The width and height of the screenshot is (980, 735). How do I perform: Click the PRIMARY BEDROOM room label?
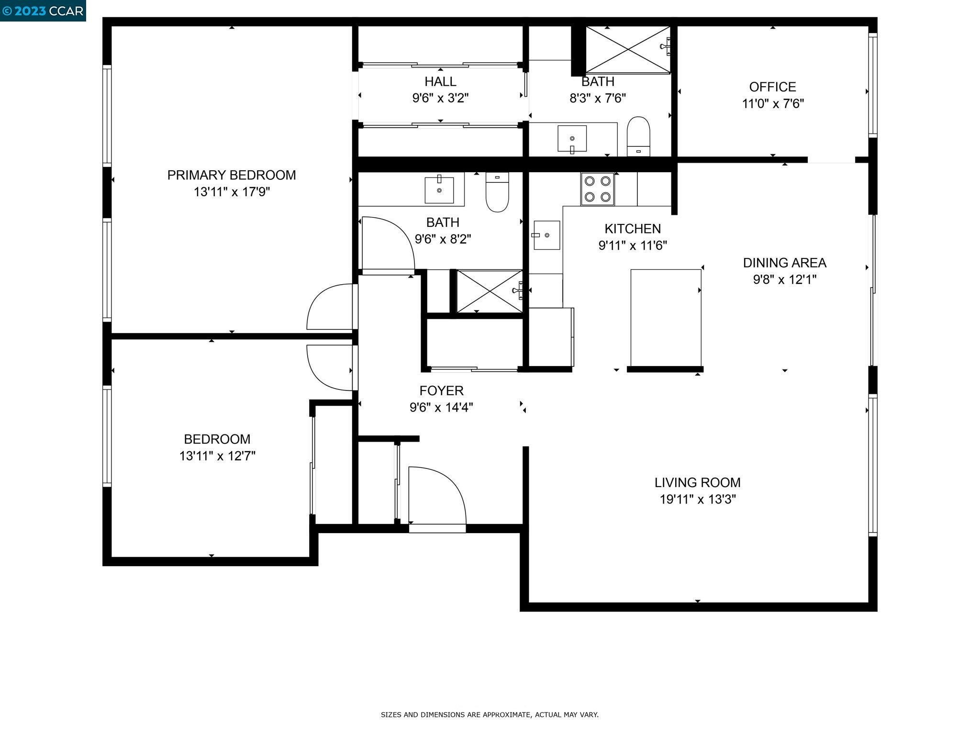(232, 175)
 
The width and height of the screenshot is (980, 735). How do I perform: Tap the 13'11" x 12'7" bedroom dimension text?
(217, 456)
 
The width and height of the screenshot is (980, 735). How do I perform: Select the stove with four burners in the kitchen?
(598, 189)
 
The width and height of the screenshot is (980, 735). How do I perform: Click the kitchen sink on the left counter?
(546, 235)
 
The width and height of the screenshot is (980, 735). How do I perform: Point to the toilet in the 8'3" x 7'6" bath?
(638, 136)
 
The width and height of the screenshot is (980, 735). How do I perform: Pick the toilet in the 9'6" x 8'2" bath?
(497, 191)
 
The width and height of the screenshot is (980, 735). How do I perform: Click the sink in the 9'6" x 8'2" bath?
(439, 190)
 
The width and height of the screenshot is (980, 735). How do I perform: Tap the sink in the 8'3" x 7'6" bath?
(572, 139)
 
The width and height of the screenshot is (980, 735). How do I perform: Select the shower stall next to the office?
(628, 50)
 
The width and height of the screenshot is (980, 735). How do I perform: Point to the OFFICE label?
(773, 87)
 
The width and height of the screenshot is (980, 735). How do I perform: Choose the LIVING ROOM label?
(698, 482)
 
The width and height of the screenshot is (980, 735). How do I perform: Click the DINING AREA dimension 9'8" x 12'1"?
(785, 279)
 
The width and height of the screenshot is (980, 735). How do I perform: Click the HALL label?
(440, 82)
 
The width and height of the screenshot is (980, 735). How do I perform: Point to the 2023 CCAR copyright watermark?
(43, 11)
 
